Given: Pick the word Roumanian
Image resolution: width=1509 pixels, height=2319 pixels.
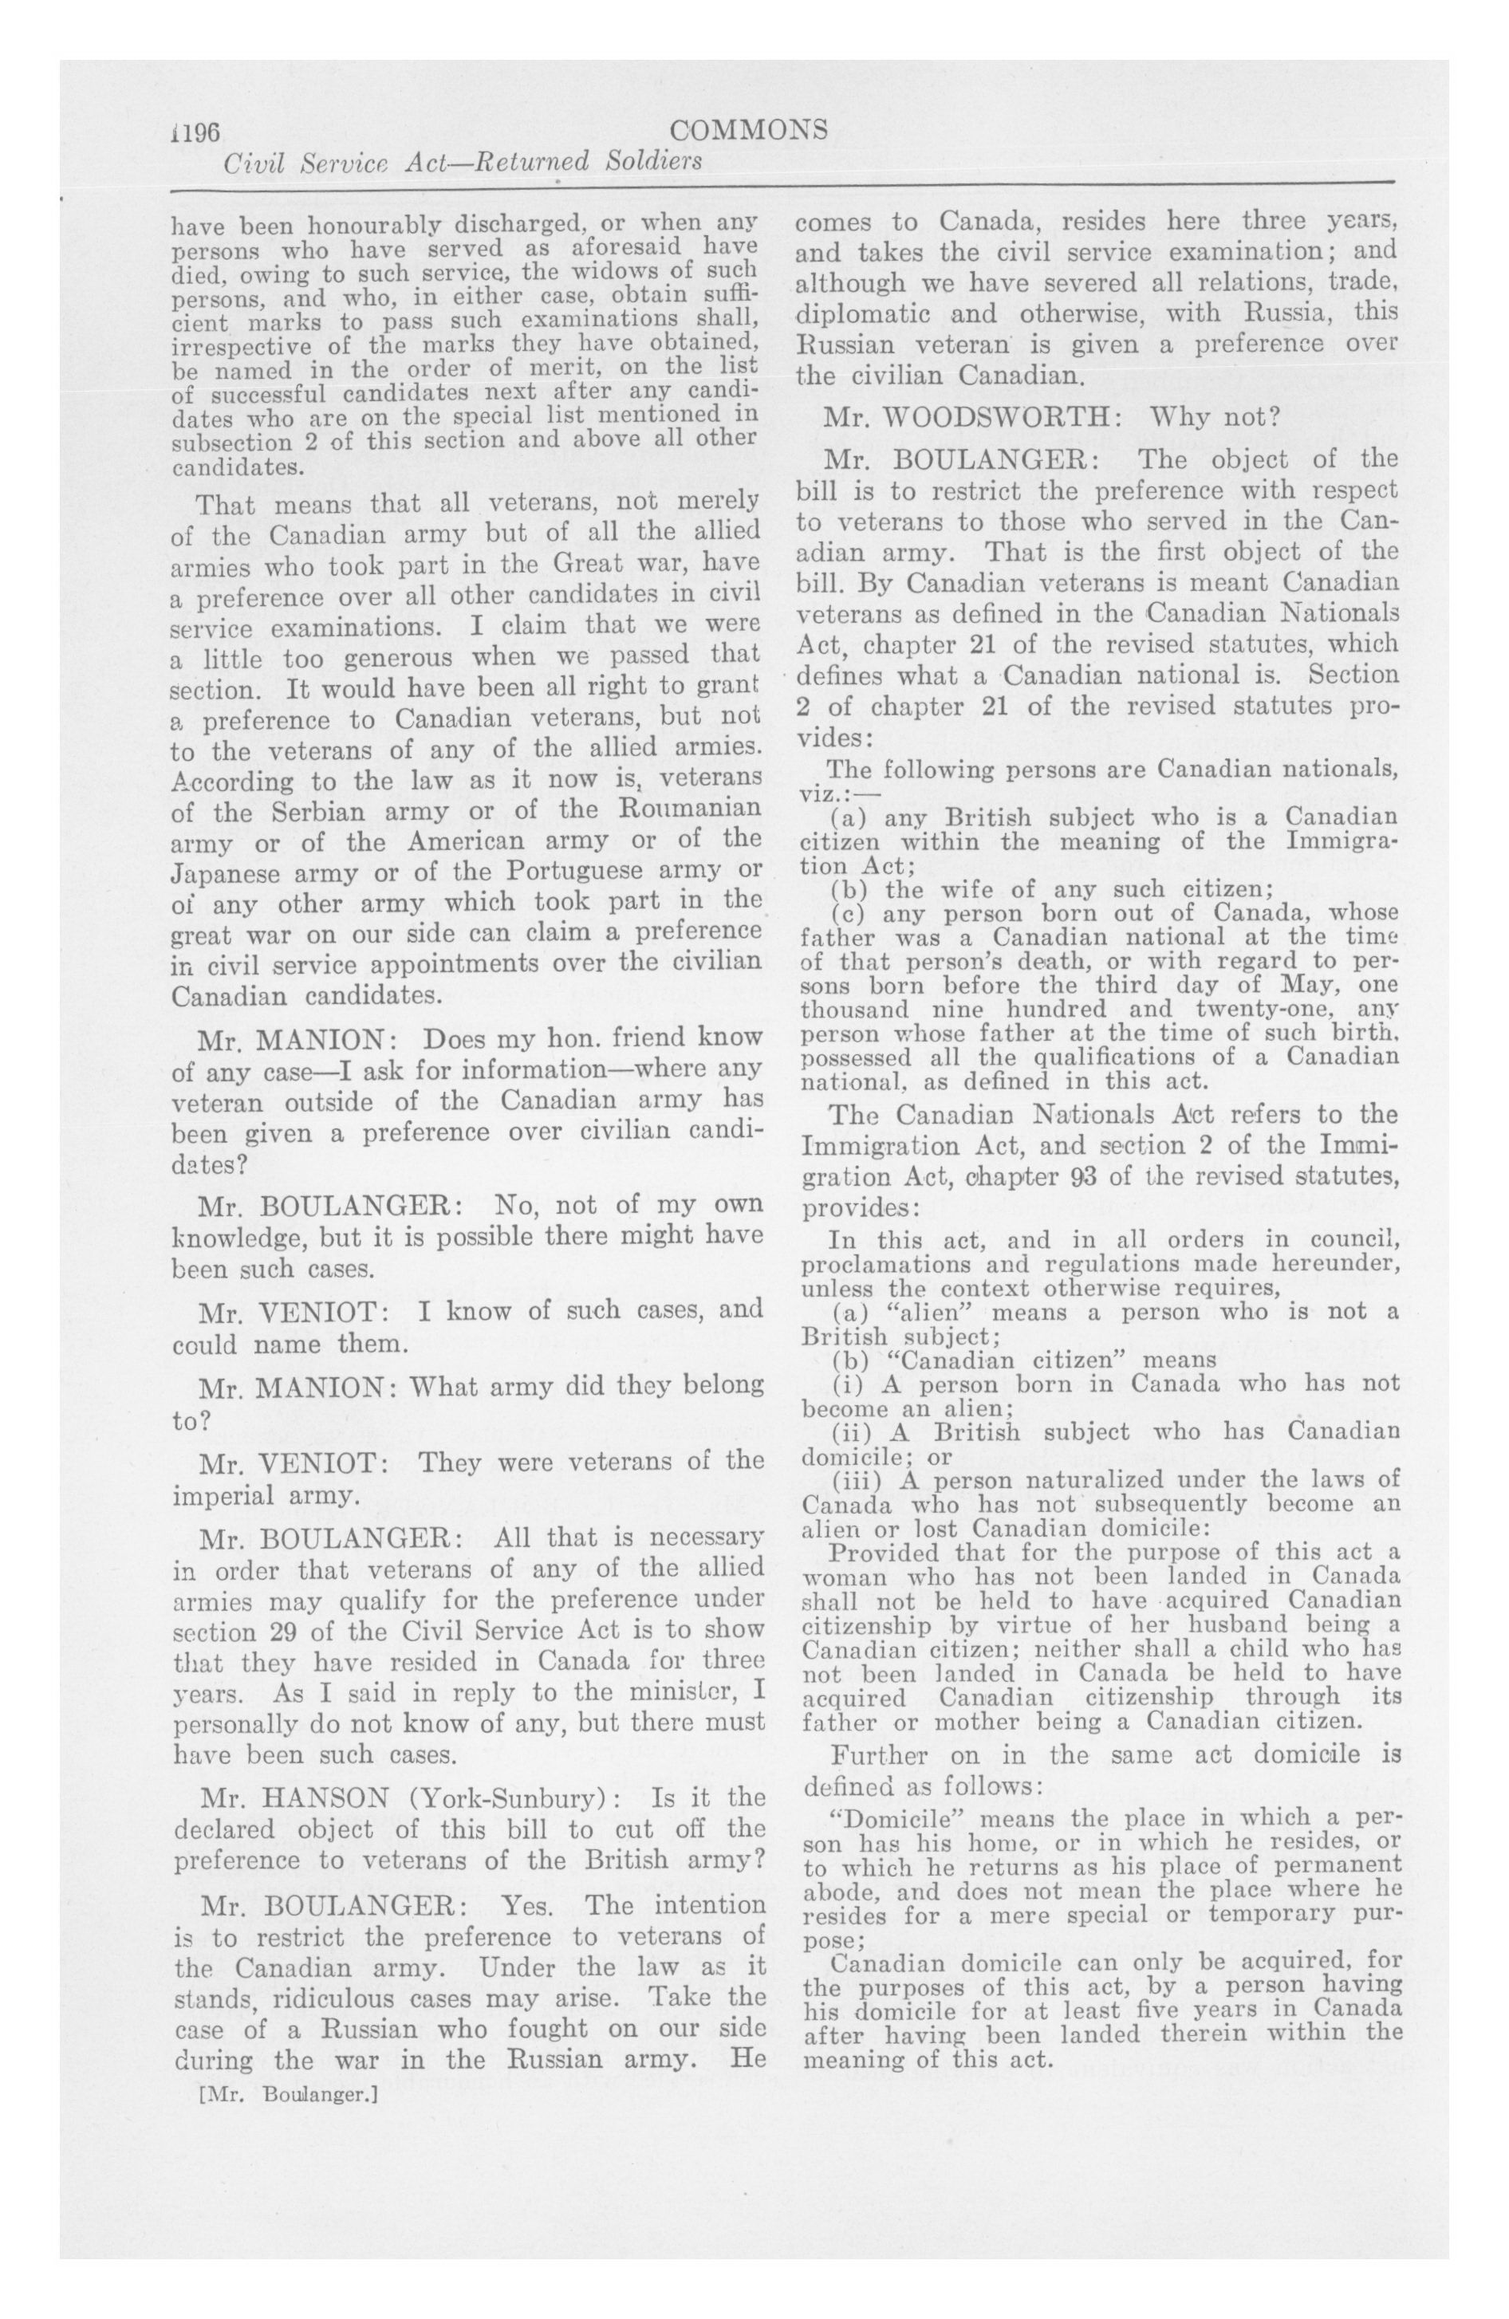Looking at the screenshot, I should click(688, 812).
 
